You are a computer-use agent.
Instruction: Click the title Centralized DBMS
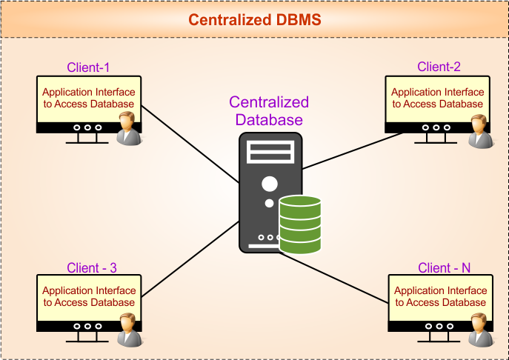254,20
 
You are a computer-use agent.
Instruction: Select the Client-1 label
88,67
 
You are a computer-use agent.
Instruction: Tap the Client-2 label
439,67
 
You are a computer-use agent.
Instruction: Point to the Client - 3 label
92,267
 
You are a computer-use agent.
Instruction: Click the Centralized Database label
269,111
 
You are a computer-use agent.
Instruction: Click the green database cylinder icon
300,224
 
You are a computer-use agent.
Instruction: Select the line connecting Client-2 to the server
348,153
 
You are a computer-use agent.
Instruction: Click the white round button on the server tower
270,184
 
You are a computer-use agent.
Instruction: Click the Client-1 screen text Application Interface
89,93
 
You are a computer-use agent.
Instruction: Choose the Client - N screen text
441,296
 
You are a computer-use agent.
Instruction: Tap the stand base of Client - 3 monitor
88,341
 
